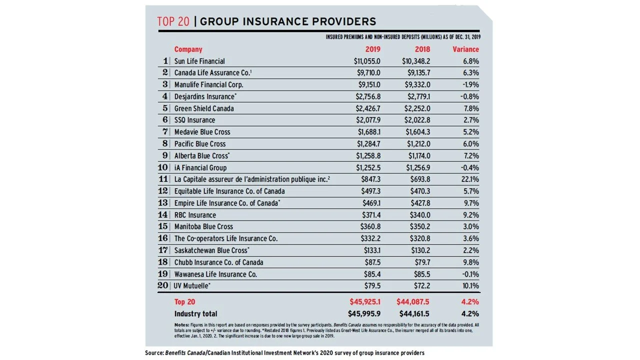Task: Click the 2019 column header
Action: pos(372,49)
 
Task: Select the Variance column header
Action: pos(465,49)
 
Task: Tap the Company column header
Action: pos(188,49)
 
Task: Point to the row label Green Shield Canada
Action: pos(204,108)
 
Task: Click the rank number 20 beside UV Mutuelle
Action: pos(163,286)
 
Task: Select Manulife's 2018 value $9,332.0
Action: pos(416,85)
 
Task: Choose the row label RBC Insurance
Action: pos(195,215)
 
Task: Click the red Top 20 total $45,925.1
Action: pos(364,302)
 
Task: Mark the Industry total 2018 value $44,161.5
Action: pos(413,314)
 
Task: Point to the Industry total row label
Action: pos(195,314)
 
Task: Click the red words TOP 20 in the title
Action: pos(172,21)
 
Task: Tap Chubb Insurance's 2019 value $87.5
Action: pos(372,262)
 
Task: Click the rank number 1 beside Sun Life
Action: pos(165,61)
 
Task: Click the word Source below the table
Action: pos(154,353)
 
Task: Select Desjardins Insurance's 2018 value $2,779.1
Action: pos(416,96)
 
